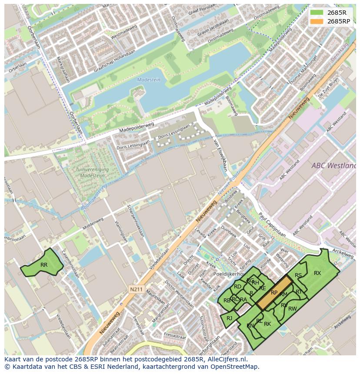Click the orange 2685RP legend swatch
pos(317,21)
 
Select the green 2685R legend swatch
pos(317,13)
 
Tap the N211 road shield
pos(136,288)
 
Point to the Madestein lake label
pos(149,79)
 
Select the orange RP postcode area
pos(274,293)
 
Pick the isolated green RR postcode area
pos(43,264)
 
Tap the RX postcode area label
pos(317,273)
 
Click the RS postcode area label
pos(298,275)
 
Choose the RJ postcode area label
pos(229,318)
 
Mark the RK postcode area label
pos(267,324)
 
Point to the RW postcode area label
pos(293,309)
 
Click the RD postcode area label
pos(237,287)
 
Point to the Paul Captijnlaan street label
pos(272,225)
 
